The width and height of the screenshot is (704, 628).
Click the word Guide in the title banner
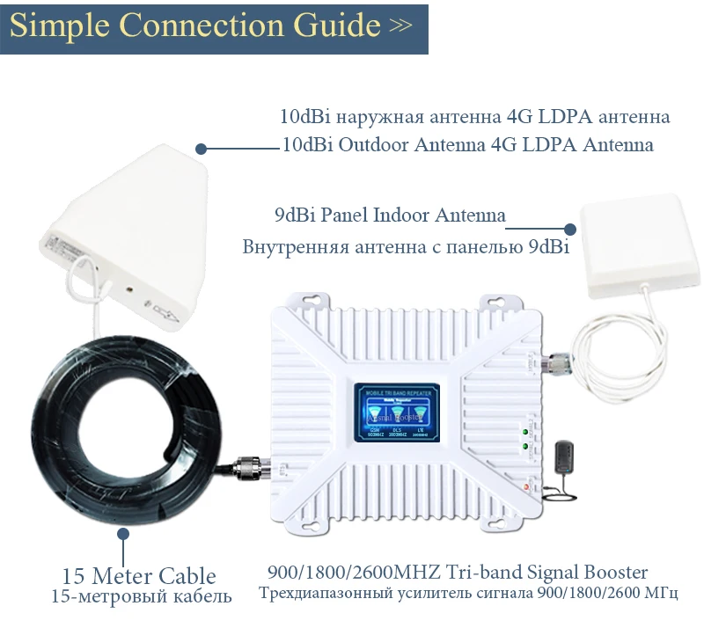[x=331, y=26]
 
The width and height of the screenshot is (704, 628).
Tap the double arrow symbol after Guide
[x=400, y=26]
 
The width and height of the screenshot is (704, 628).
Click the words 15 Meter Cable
[x=139, y=577]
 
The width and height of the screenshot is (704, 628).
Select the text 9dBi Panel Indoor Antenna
[x=390, y=215]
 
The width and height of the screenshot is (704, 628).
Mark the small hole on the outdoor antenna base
[x=130, y=288]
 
